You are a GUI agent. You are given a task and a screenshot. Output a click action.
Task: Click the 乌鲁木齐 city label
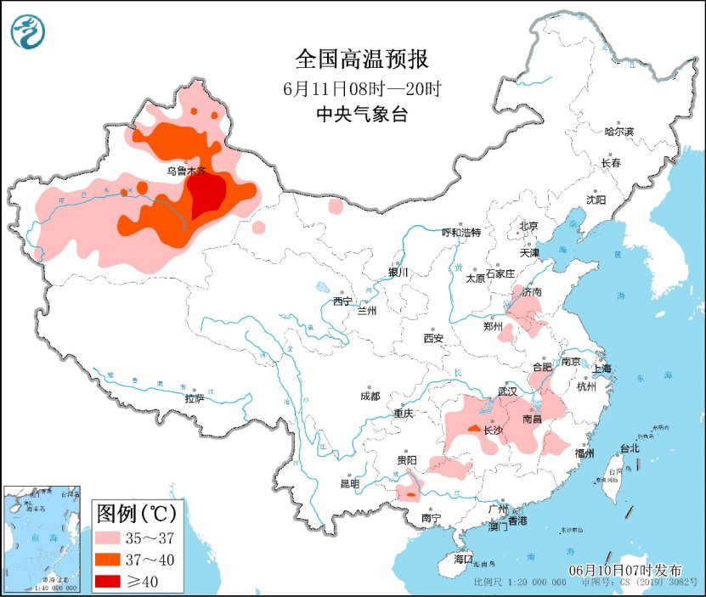[185, 171]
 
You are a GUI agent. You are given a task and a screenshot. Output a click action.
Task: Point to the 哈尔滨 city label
[619, 132]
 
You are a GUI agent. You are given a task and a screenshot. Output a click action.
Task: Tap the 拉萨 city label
[195, 397]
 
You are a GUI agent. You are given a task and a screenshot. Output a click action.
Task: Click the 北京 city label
[528, 226]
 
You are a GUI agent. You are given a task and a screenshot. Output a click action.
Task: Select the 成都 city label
[370, 396]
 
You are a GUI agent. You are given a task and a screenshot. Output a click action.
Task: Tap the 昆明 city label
[349, 484]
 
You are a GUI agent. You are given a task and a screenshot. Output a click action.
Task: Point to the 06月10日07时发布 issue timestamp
[626, 569]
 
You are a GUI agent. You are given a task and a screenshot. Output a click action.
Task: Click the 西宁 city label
[342, 301]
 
